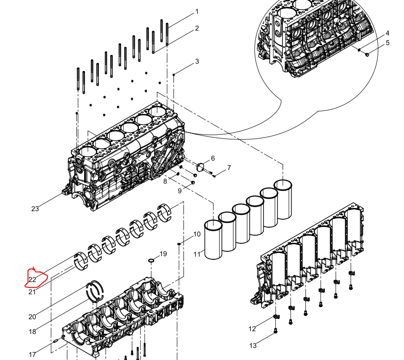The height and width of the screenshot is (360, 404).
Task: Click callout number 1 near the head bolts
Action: pyautogui.click(x=197, y=12)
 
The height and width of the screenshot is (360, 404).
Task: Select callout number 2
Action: pyautogui.click(x=197, y=28)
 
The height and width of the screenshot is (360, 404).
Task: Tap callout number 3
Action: pyautogui.click(x=197, y=62)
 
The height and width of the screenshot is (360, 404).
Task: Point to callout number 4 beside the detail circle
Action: pyautogui.click(x=387, y=33)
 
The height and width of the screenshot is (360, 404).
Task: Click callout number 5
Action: pyautogui.click(x=388, y=43)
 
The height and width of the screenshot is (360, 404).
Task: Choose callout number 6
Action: pyautogui.click(x=213, y=158)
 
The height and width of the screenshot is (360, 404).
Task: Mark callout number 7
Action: pyautogui.click(x=229, y=168)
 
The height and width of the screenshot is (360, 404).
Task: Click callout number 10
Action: pyautogui.click(x=197, y=234)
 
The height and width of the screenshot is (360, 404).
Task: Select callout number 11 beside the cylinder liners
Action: pyautogui.click(x=197, y=255)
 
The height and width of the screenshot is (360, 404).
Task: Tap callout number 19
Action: pyautogui.click(x=163, y=254)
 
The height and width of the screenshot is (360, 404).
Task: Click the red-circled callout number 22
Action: pyautogui.click(x=32, y=279)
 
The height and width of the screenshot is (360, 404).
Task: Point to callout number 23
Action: pyautogui.click(x=35, y=209)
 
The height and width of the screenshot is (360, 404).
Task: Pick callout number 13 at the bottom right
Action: pyautogui.click(x=253, y=346)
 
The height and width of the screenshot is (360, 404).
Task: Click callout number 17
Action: pyautogui.click(x=32, y=355)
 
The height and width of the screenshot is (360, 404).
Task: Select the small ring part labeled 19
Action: pyautogui.click(x=151, y=261)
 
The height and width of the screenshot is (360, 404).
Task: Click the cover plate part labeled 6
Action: pyautogui.click(x=201, y=167)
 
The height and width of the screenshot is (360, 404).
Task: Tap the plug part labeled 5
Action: pyautogui.click(x=367, y=54)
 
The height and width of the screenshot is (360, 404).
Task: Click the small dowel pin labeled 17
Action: pyautogui.click(x=56, y=341)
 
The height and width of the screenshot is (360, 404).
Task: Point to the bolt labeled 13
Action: pyautogui.click(x=275, y=330)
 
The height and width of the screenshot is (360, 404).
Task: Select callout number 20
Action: pyautogui.click(x=32, y=317)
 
